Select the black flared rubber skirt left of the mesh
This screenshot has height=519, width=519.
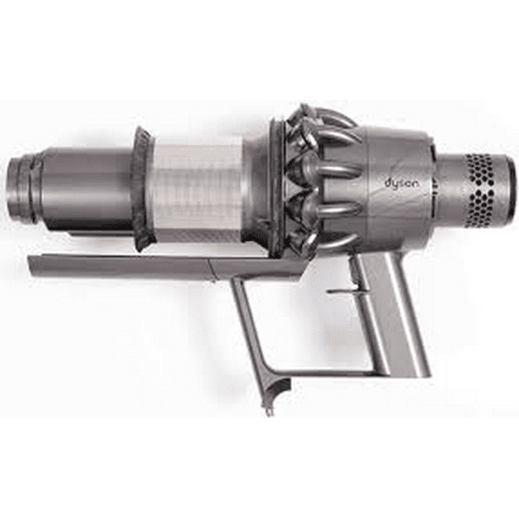click(x=141, y=188)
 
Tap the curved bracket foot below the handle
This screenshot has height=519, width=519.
click(x=276, y=392)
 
